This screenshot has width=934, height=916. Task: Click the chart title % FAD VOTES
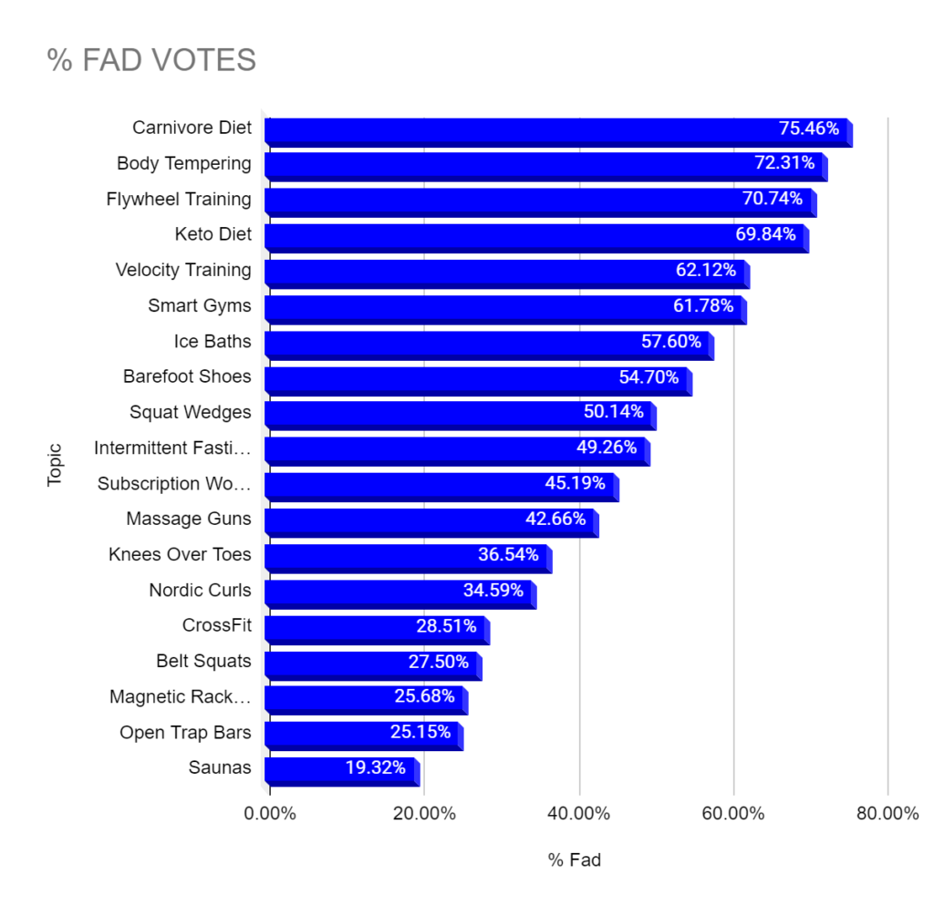coord(151,60)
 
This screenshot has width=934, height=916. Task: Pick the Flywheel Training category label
coord(179,199)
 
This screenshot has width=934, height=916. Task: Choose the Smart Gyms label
coord(200,305)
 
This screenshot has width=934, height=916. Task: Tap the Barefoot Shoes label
coord(187,376)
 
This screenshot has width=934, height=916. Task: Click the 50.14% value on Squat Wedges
coord(614,412)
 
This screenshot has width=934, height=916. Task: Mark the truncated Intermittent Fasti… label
coord(172,448)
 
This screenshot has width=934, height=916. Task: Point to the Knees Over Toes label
coord(180,554)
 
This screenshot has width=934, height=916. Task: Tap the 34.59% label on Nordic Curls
coord(493,590)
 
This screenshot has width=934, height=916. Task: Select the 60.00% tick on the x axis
coord(733,814)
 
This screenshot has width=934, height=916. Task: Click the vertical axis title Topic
coord(55,464)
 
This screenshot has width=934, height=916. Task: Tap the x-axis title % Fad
coord(575,859)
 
